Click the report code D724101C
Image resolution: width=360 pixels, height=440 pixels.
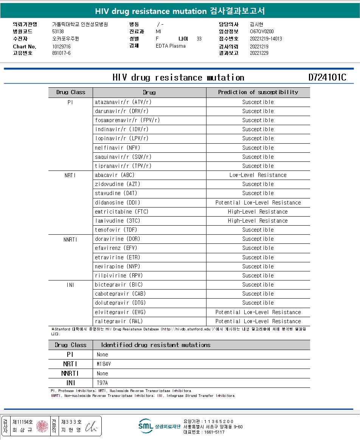coord(327,77)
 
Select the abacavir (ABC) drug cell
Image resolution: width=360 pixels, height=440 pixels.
coord(115,175)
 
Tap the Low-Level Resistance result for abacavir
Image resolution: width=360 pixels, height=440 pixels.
coord(258,175)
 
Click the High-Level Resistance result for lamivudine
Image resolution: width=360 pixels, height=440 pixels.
coord(258,221)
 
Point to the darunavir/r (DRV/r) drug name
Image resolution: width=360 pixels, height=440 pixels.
coord(121,111)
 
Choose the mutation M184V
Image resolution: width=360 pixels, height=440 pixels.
coord(104,364)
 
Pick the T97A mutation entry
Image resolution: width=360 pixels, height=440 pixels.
coord(102,383)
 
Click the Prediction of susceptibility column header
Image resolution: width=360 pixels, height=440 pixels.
coord(258,92)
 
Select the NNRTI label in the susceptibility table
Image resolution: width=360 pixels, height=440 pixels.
coord(70,239)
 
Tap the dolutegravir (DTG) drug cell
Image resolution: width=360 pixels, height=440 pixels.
coord(120,303)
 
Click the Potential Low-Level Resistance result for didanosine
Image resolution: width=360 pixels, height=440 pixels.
coord(258,203)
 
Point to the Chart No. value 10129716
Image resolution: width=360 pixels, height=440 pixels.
coord(61,46)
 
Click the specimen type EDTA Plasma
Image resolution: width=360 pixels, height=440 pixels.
coord(171,46)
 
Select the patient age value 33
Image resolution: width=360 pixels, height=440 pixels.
coord(199,39)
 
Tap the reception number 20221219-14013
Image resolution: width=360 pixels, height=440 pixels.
coord(266,39)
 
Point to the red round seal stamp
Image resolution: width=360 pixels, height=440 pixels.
coord(42,426)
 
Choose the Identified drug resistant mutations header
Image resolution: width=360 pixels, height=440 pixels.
coord(155,345)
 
